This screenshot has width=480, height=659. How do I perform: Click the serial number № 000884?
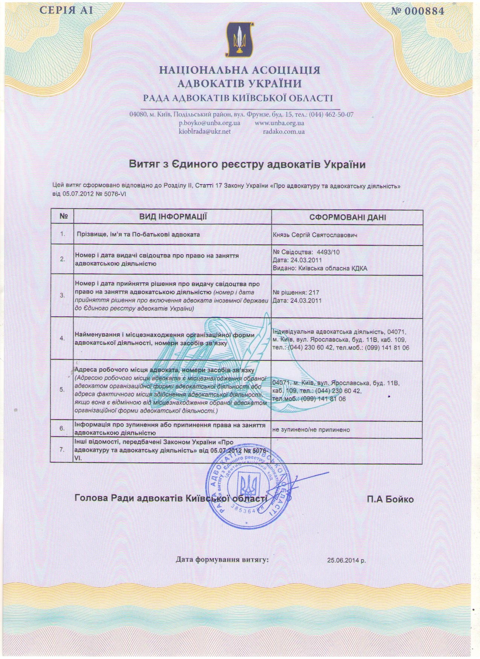418,11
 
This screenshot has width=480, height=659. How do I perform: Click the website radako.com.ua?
284,131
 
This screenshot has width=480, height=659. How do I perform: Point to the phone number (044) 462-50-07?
331,114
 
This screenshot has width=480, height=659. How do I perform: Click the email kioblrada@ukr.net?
204,131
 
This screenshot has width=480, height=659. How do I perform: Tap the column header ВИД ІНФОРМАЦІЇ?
173,217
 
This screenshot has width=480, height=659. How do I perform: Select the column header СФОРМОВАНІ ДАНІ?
347,217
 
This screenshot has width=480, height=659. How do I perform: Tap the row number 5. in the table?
62,389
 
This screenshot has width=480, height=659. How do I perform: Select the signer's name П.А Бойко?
390,499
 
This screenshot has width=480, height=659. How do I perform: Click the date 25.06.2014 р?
346,560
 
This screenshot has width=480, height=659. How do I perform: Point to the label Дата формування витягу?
222,560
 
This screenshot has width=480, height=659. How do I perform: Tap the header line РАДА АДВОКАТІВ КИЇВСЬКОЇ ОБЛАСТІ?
238,98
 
